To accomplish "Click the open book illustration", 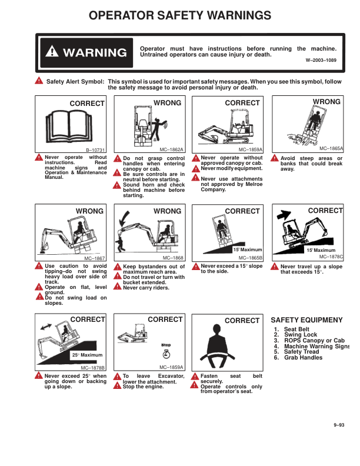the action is [x=69, y=126].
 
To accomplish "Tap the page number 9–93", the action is [x=339, y=425].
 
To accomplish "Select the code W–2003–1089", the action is [x=321, y=60].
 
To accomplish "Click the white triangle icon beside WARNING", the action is [x=52, y=51].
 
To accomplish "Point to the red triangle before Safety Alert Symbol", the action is [x=39, y=81].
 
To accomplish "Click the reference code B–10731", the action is [x=95, y=150].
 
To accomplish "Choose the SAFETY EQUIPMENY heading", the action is [x=306, y=320].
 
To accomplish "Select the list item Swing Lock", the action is [x=301, y=335].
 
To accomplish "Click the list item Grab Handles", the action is [x=304, y=358].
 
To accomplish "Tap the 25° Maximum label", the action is [x=87, y=355].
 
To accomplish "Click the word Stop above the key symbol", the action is [x=166, y=345].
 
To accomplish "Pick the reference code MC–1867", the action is [x=95, y=258].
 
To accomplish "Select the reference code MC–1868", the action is [x=173, y=258].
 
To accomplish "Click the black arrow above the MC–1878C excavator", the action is [x=284, y=214].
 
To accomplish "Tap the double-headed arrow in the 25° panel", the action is [x=46, y=327].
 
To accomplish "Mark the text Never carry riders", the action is [x=146, y=288].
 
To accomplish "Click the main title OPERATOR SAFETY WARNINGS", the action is [x=180, y=15].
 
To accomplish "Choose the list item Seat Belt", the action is [x=296, y=329].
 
